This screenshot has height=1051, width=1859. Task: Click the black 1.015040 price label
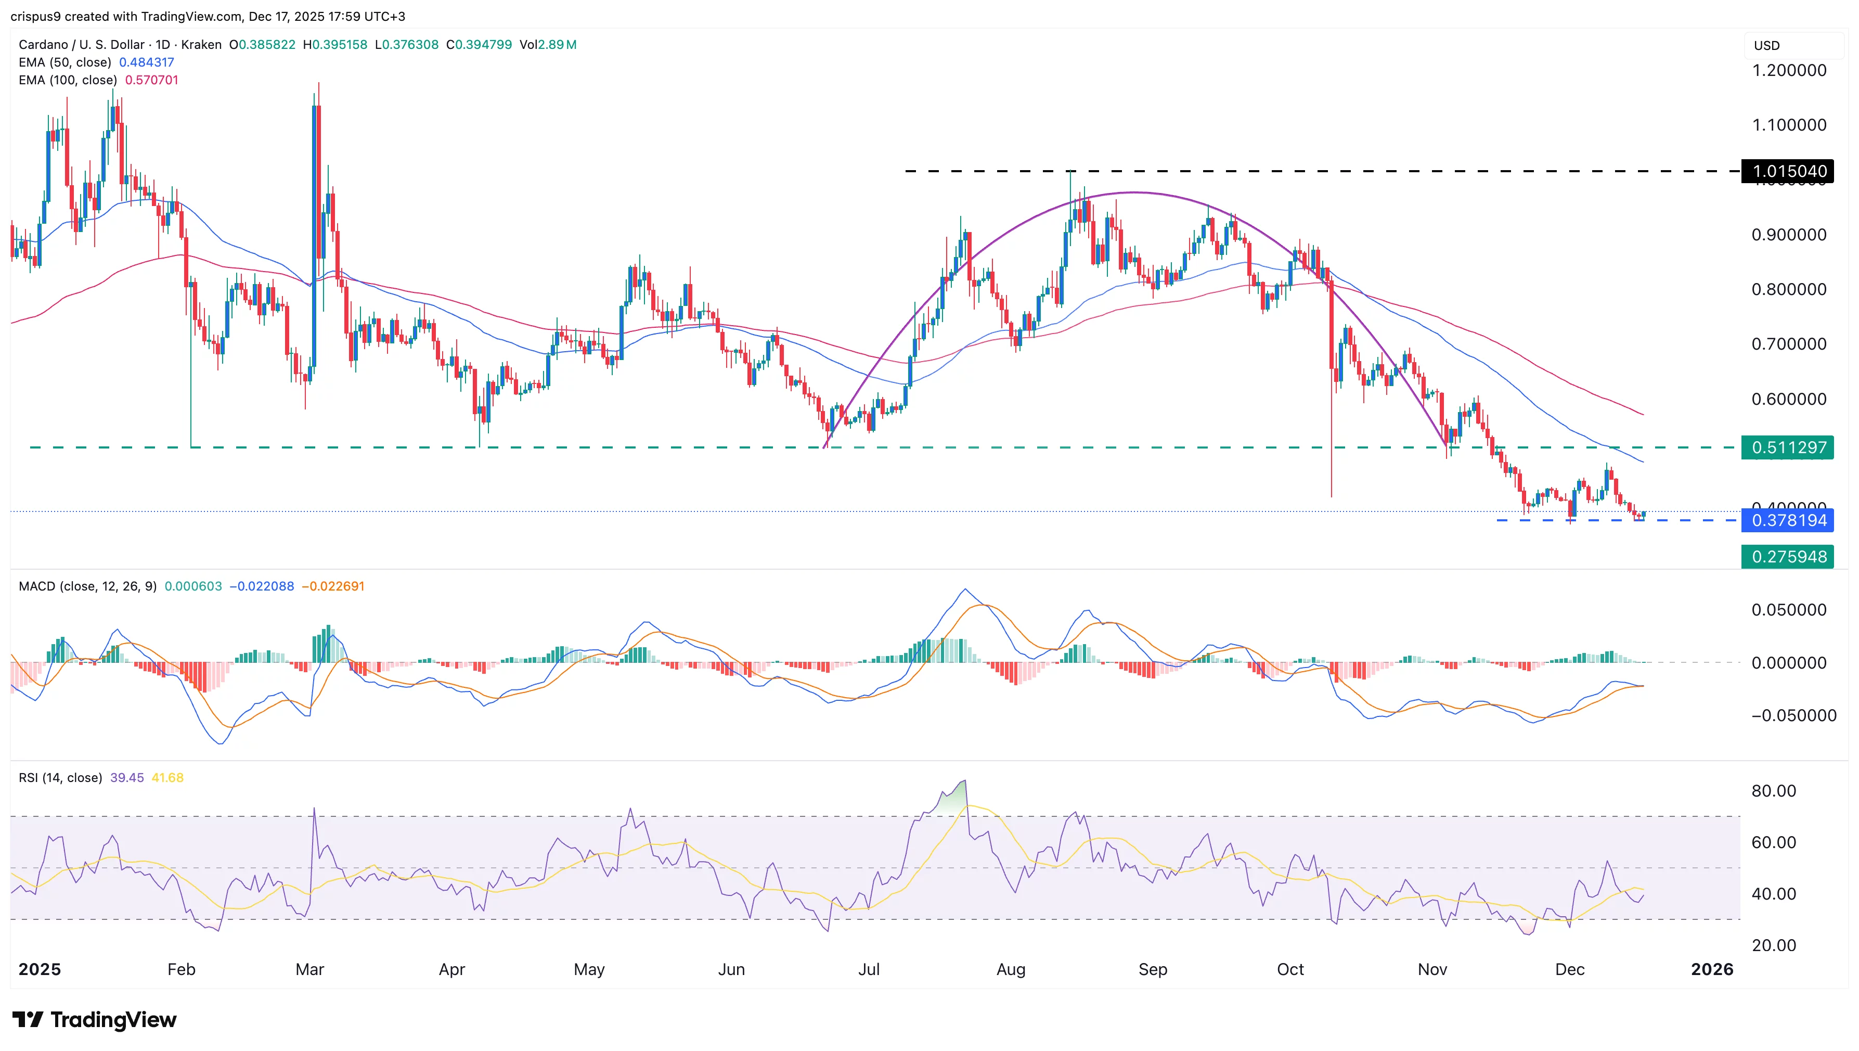pyautogui.click(x=1788, y=171)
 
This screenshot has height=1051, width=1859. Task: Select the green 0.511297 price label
pyautogui.click(x=1788, y=447)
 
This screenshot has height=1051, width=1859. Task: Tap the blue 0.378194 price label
pyautogui.click(x=1788, y=520)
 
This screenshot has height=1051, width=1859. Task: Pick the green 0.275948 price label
pyautogui.click(x=1788, y=557)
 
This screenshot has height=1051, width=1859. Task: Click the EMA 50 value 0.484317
pyautogui.click(x=147, y=62)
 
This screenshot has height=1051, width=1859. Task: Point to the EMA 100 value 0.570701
pyautogui.click(x=151, y=80)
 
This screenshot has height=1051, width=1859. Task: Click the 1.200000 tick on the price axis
pyautogui.click(x=1788, y=70)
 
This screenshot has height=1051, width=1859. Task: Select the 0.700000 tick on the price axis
pyautogui.click(x=1788, y=343)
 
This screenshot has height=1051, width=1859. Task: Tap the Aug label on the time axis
pyautogui.click(x=1010, y=969)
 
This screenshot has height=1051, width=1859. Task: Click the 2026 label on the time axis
pyautogui.click(x=1712, y=969)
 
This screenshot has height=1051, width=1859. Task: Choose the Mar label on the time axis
pyautogui.click(x=309, y=969)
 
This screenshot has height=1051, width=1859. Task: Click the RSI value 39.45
pyautogui.click(x=127, y=777)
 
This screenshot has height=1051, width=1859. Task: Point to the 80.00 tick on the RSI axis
pyautogui.click(x=1773, y=790)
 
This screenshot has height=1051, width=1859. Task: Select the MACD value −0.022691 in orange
pyautogui.click(x=333, y=586)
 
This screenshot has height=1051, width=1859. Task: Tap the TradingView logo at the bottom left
pyautogui.click(x=95, y=1019)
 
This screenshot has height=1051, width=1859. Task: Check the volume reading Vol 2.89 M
pyautogui.click(x=548, y=45)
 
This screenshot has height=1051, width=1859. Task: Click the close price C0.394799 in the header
pyautogui.click(x=479, y=45)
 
